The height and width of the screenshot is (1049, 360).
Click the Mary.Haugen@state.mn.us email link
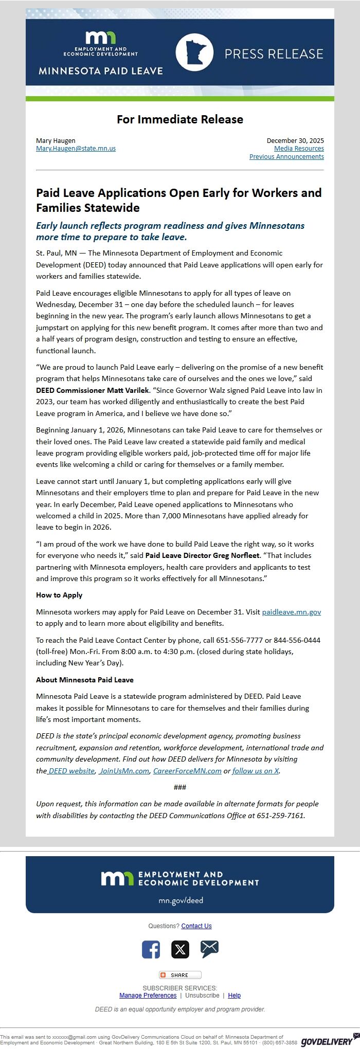76,149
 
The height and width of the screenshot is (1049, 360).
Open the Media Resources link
299,149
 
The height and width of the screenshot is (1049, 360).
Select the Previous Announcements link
286,157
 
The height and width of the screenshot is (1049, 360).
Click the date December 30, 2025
295,140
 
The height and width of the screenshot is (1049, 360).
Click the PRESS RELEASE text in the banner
274,54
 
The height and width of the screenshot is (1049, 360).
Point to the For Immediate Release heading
180,119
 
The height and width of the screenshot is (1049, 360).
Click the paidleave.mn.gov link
292,612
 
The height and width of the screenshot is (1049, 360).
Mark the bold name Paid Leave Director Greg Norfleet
203,555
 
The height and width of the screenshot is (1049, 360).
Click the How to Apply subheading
59,595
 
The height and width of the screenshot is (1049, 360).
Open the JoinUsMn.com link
124,771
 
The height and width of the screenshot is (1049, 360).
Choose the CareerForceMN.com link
187,771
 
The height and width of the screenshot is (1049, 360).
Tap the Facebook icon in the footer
151,949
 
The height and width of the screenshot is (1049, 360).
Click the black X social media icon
180,949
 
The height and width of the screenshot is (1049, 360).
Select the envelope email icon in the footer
209,949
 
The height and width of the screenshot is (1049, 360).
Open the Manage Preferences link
148,996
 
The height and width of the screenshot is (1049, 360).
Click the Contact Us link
196,926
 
